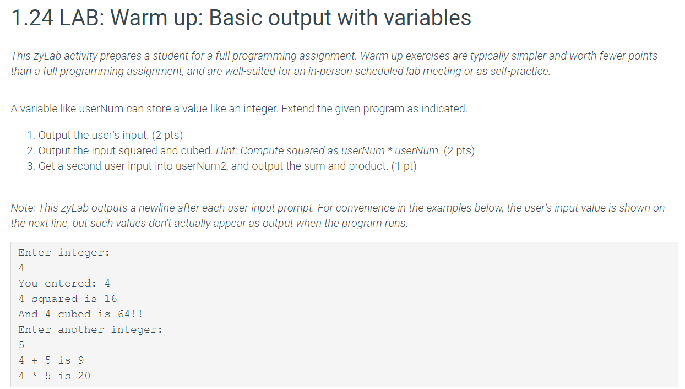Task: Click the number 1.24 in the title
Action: click(32, 18)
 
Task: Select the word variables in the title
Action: click(427, 18)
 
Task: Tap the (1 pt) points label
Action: click(404, 166)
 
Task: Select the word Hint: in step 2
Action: click(227, 150)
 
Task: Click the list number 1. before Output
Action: click(31, 136)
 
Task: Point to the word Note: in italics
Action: click(23, 208)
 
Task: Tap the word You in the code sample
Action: click(28, 283)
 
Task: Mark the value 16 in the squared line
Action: click(110, 299)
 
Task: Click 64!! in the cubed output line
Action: click(131, 314)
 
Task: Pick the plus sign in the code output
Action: click(35, 360)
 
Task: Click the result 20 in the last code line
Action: click(84, 376)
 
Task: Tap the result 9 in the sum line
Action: click(81, 360)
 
